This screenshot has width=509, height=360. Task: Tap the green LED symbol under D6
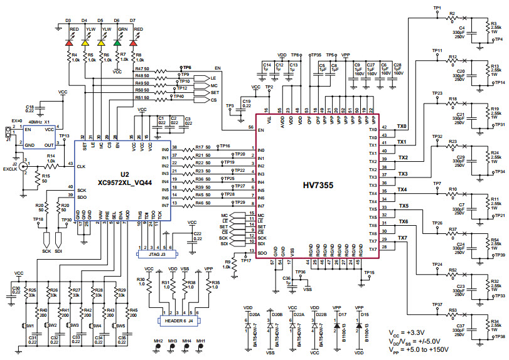[117, 43]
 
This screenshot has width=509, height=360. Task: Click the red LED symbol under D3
[69, 43]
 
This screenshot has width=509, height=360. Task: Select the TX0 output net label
[402, 126]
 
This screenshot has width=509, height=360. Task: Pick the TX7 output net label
[402, 238]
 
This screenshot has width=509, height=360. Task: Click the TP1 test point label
[437, 7]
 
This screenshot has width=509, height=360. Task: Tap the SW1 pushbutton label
[29, 326]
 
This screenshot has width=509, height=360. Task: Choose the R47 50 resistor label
[142, 68]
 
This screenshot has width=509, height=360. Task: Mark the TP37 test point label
[437, 304]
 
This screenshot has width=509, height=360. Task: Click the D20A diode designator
[255, 314]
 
